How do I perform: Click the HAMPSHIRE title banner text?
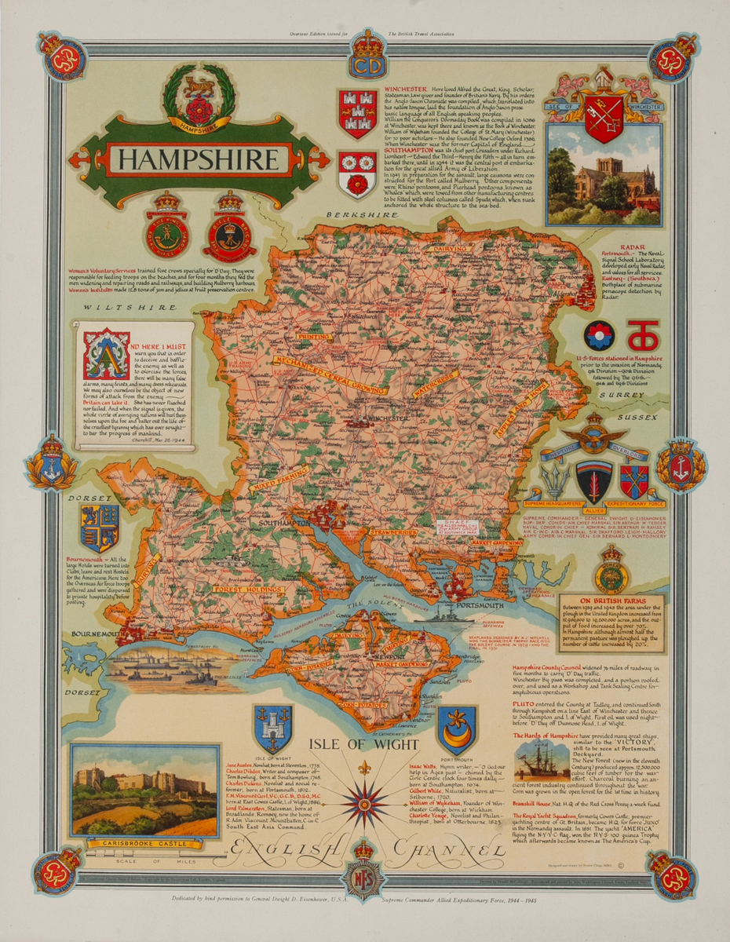(x=199, y=160)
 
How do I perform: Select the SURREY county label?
(x=611, y=396)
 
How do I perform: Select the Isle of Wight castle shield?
(x=273, y=726)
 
